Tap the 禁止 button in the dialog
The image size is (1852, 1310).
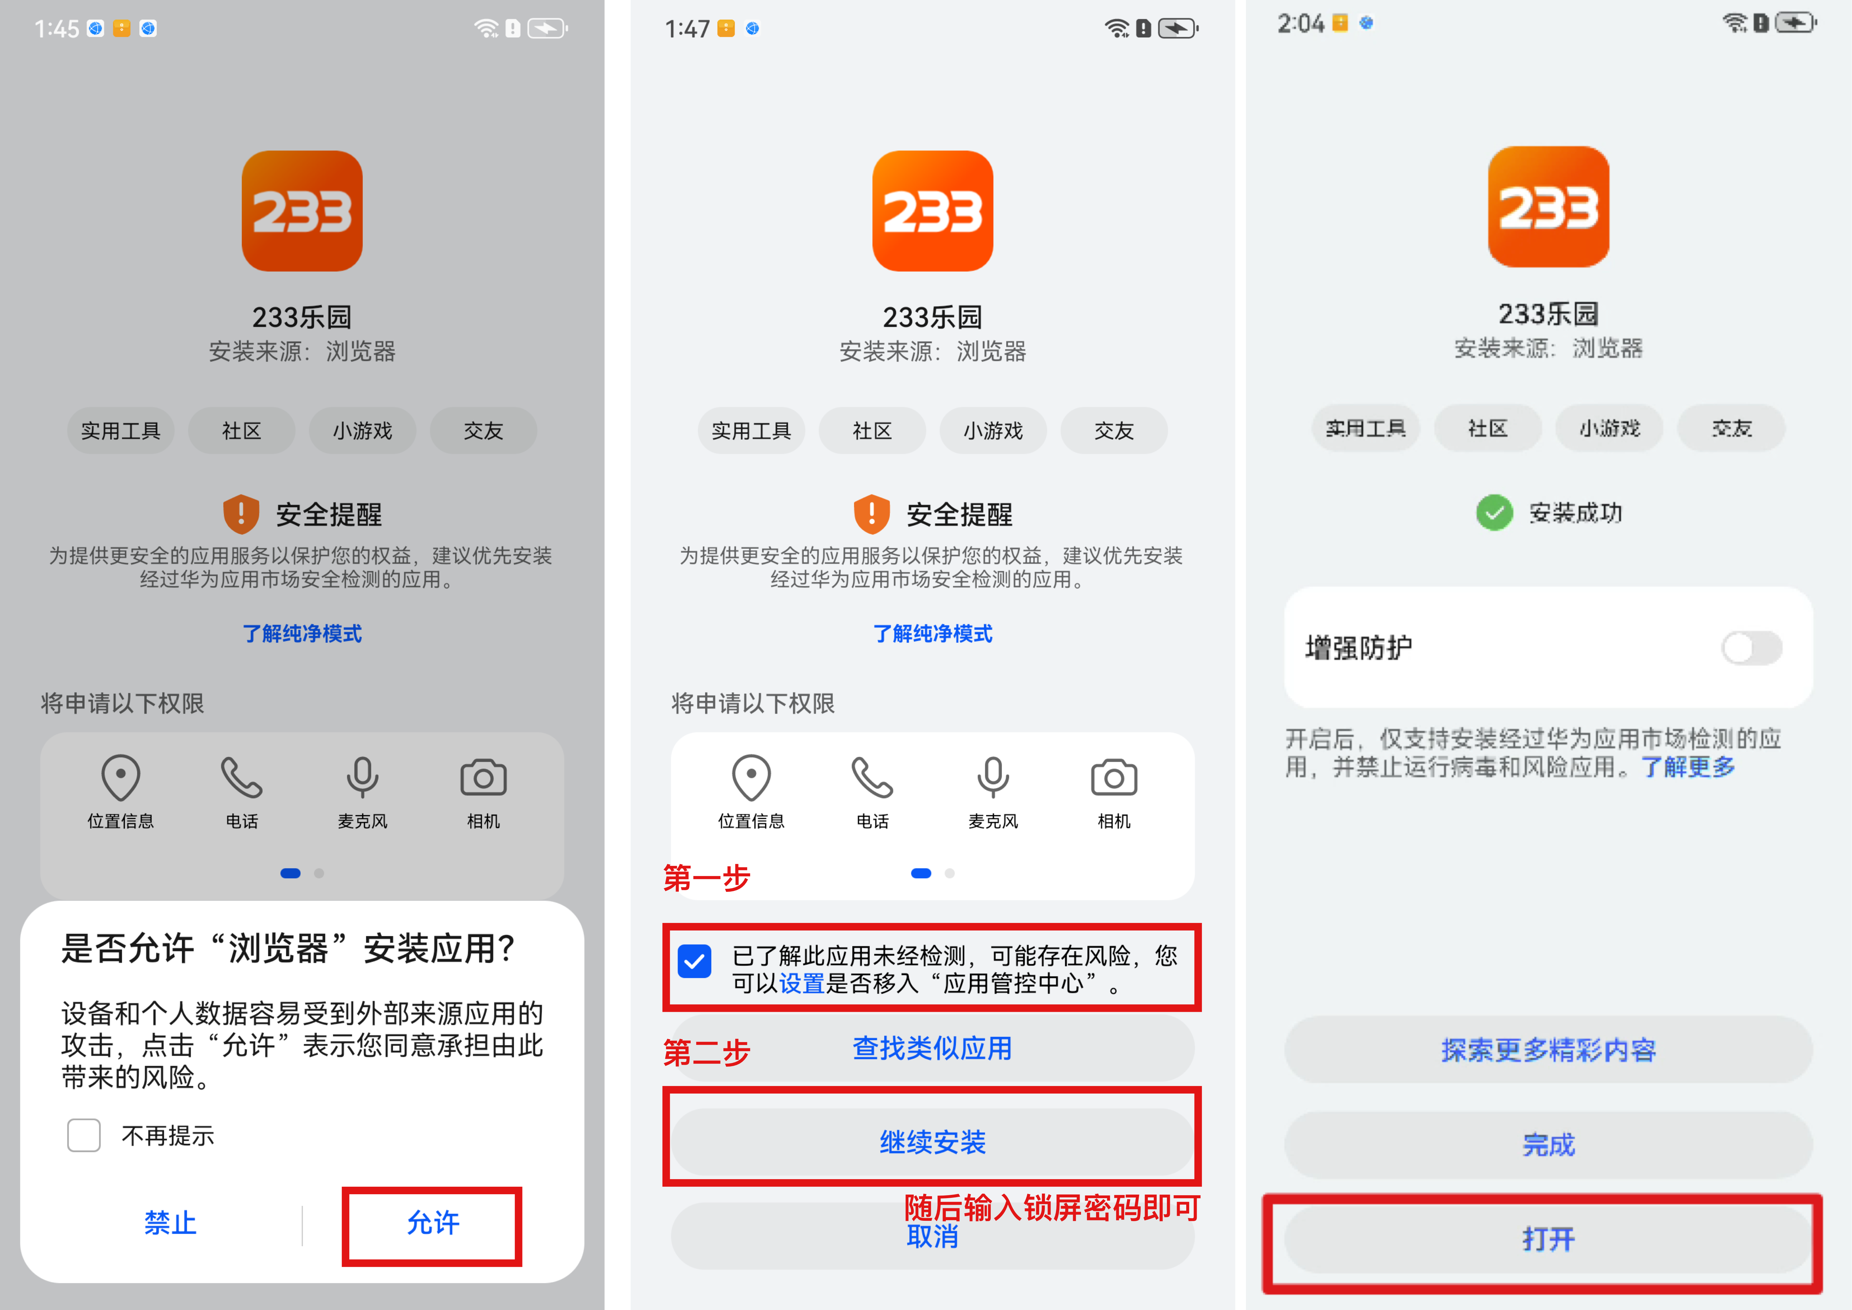[170, 1223]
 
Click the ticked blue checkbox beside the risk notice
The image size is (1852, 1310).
[695, 962]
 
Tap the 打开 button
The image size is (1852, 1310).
[1548, 1239]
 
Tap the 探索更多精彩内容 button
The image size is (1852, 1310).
[1548, 1050]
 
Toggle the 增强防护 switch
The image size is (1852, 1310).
[1751, 648]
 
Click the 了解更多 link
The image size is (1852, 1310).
[1688, 766]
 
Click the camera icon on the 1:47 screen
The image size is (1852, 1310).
[1114, 778]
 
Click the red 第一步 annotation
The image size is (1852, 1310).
[707, 878]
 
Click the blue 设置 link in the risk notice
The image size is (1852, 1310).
[802, 983]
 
